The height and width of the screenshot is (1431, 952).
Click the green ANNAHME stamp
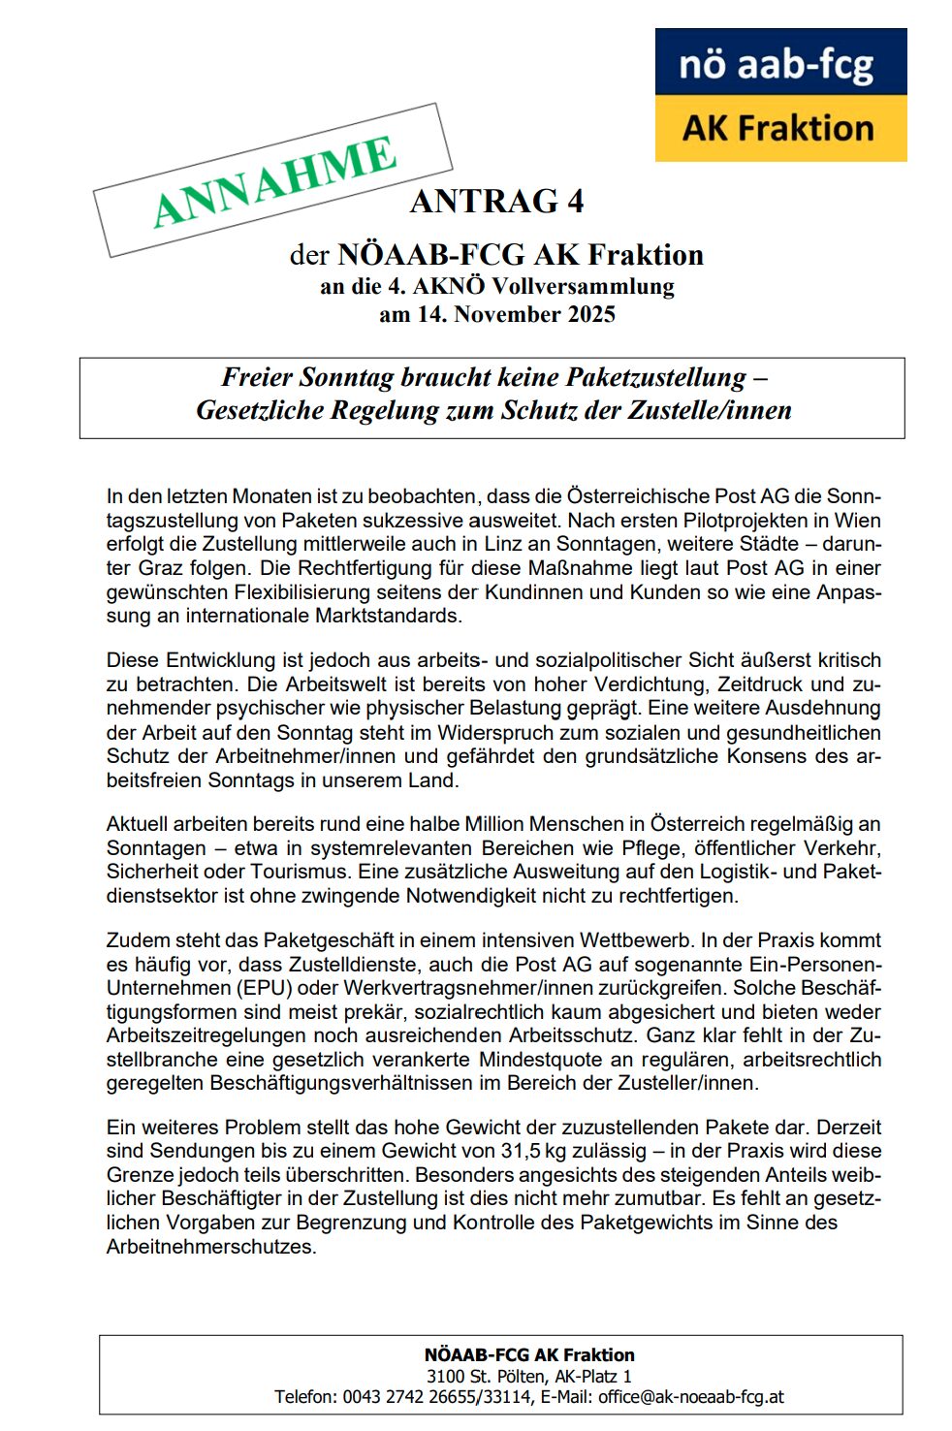click(272, 180)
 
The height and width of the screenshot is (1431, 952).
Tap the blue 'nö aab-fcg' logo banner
click(780, 63)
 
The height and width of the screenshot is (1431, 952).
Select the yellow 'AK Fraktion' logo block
click(780, 128)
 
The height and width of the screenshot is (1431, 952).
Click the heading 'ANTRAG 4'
click(496, 201)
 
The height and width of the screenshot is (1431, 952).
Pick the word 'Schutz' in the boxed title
click(538, 409)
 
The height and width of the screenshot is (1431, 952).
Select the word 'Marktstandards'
click(389, 615)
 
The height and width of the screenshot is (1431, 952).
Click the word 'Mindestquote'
click(538, 1059)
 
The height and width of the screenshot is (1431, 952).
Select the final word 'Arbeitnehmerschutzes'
click(211, 1246)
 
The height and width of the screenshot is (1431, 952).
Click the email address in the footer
click(690, 1397)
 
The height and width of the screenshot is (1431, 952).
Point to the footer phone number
click(435, 1397)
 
